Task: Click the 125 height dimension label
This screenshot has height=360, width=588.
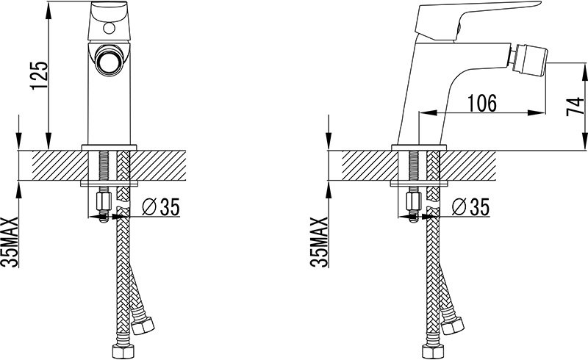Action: [40, 76]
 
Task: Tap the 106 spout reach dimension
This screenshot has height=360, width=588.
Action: [482, 103]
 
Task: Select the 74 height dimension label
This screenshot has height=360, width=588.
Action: [575, 107]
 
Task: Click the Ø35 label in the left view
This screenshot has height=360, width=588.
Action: [161, 206]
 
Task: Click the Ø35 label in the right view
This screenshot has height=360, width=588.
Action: [470, 206]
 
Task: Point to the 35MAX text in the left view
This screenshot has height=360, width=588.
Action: [10, 242]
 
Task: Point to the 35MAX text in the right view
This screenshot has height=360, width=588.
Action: [319, 242]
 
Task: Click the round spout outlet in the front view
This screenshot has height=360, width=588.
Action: [109, 60]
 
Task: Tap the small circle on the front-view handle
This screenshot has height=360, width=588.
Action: [109, 28]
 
